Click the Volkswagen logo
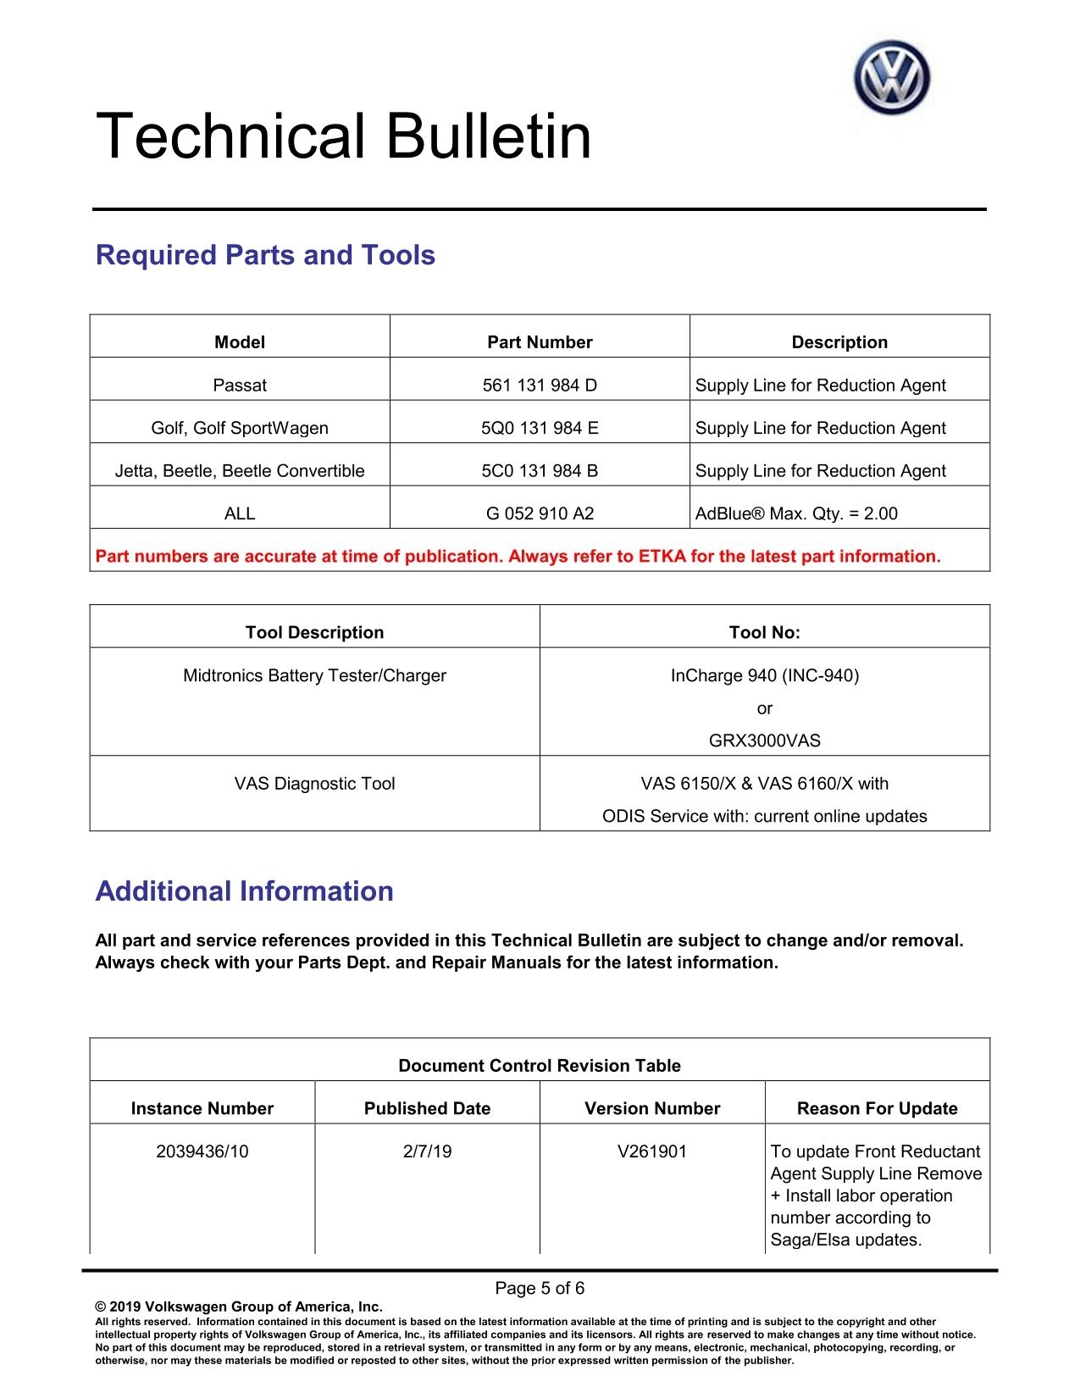coord(891,78)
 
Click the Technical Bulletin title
coord(343,136)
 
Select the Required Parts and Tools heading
coord(265,255)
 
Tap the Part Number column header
coord(540,342)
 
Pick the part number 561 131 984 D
coord(540,386)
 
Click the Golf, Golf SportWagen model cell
coord(240,428)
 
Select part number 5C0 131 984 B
coord(540,471)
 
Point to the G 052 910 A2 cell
coord(540,513)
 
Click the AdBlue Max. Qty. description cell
coord(796,513)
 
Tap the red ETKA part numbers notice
coord(518,557)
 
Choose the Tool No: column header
coord(764,632)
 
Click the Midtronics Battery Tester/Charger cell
coord(314,675)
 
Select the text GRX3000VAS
coord(764,741)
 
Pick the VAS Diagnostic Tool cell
coord(314,784)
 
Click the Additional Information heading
coord(244,891)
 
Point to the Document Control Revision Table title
coord(540,1066)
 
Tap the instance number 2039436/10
coord(202,1151)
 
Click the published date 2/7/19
coord(427,1151)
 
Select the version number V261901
coord(652,1151)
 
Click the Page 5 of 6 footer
coord(540,1289)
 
